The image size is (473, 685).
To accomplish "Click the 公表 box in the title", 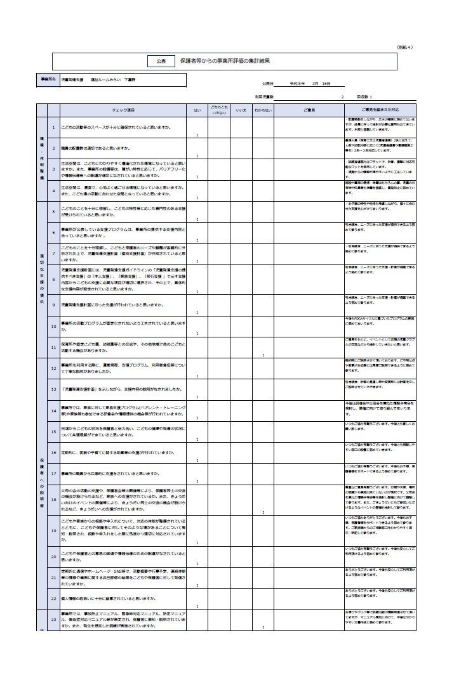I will [161, 61].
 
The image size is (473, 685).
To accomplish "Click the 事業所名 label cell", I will [48, 80].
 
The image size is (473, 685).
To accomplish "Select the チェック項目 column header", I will [123, 110].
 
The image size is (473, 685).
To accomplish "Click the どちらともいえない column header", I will [219, 110].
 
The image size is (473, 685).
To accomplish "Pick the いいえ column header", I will [241, 110].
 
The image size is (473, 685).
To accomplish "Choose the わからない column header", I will [263, 110].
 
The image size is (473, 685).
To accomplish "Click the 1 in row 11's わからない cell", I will [263, 355].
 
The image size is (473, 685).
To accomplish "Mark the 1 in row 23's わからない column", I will [263, 628].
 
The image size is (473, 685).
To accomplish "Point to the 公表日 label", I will [267, 83].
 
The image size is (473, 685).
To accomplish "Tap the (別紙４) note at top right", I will [404, 46].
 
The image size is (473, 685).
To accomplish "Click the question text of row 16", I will [118, 453].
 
